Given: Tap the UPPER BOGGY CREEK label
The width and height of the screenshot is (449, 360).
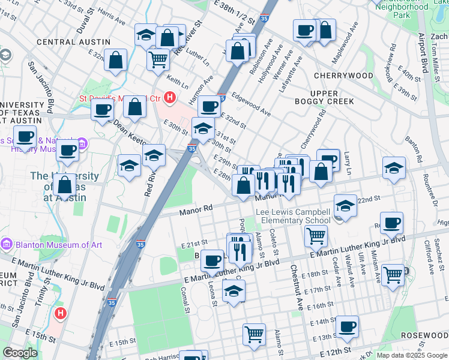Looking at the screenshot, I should pos(333,97).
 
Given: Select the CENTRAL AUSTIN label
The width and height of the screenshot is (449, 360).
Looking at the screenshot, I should pos(73,42).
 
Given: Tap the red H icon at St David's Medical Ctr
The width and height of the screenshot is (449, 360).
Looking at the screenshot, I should pos(170,97).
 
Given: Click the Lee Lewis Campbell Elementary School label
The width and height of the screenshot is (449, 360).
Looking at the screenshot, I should pos(293,216).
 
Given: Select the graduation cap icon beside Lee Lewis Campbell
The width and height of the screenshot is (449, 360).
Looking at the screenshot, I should pos(345,206).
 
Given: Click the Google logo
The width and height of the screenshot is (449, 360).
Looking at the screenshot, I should pos(20,353).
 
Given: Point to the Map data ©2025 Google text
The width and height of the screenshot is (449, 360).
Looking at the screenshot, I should pos(411,355).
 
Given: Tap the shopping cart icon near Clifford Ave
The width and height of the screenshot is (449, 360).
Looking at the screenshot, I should pos(393,275).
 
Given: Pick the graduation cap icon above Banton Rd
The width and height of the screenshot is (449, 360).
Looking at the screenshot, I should pos(394,168).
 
